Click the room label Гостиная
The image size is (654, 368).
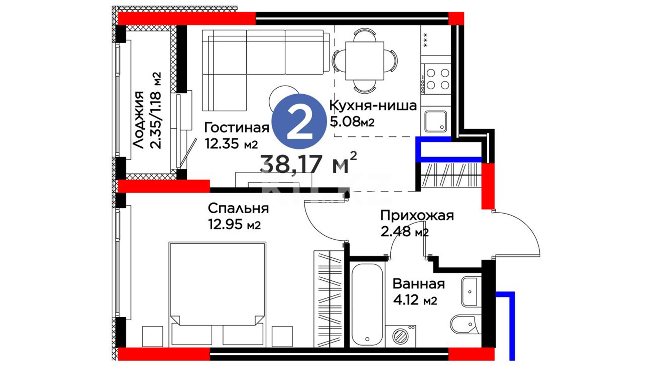(237, 128)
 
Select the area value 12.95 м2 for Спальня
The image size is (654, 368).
(234, 225)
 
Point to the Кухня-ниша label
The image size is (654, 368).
(373, 106)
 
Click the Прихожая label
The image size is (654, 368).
(417, 216)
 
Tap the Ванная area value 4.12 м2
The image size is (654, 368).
(415, 300)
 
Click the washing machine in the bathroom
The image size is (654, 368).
(400, 336)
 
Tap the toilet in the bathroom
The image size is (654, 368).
(465, 323)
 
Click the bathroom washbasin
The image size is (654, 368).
(471, 292)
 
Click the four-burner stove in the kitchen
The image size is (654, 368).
(436, 79)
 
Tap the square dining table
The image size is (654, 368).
(364, 61)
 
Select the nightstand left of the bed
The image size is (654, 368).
(152, 336)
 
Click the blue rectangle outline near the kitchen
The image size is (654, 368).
(449, 149)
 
